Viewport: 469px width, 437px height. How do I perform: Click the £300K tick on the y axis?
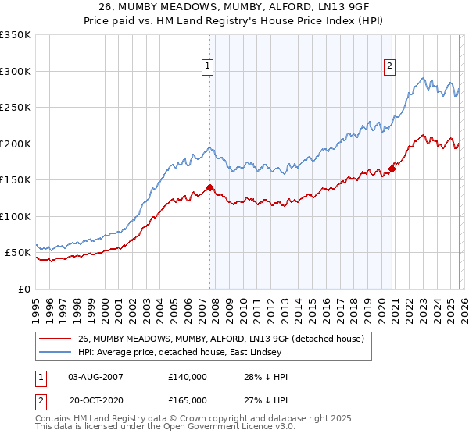pyautogui.click(x=16, y=71)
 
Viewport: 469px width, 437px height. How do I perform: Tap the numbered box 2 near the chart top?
pyautogui.click(x=389, y=67)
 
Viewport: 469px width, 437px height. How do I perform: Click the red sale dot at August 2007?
pyautogui.click(x=209, y=187)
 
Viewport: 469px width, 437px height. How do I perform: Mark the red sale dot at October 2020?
pyautogui.click(x=392, y=169)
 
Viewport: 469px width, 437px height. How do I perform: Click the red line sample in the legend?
pyautogui.click(x=55, y=339)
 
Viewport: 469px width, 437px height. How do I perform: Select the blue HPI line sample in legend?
pyautogui.click(x=55, y=353)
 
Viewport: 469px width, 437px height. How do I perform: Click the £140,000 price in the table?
pyautogui.click(x=187, y=377)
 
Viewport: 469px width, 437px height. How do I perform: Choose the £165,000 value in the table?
pyautogui.click(x=187, y=400)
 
